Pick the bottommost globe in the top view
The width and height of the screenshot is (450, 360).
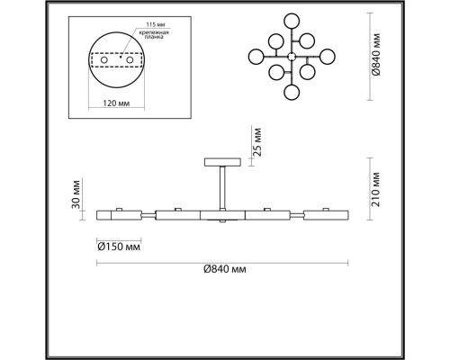[x=291, y=93]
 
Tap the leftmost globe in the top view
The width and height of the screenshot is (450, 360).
[x=255, y=56]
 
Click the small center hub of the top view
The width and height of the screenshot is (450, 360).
[x=291, y=56]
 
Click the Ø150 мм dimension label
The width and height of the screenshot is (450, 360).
[x=117, y=245]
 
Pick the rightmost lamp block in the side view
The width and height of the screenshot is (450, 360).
[x=327, y=216]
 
